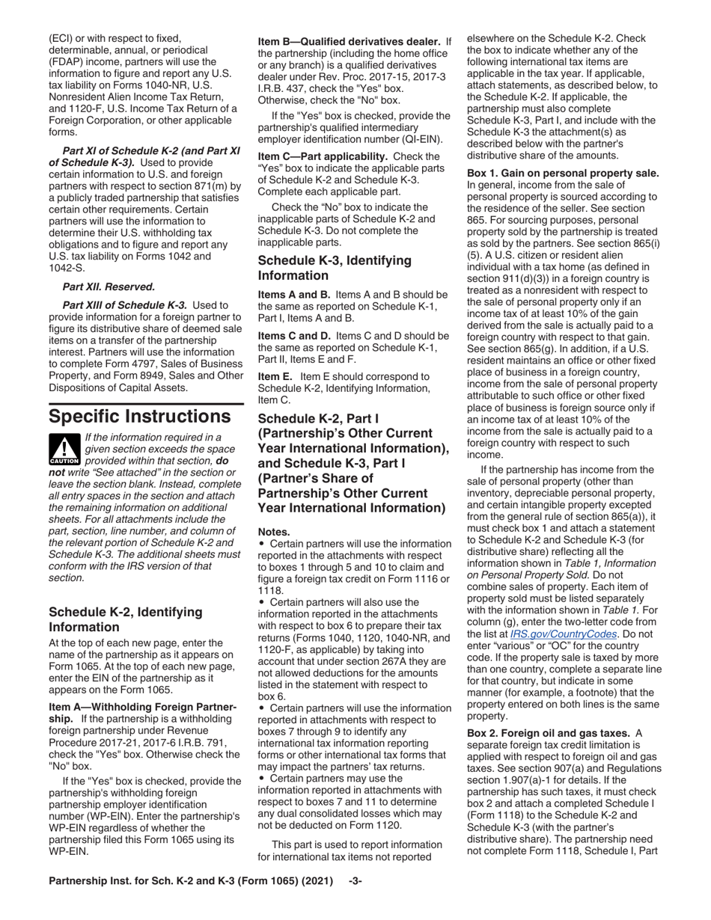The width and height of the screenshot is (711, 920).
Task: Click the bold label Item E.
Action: click(275, 376)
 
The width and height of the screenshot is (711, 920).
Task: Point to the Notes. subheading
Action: click(274, 532)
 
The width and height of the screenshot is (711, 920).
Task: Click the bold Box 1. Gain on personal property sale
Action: click(563, 174)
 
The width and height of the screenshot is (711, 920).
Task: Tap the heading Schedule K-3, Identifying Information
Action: click(335, 268)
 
